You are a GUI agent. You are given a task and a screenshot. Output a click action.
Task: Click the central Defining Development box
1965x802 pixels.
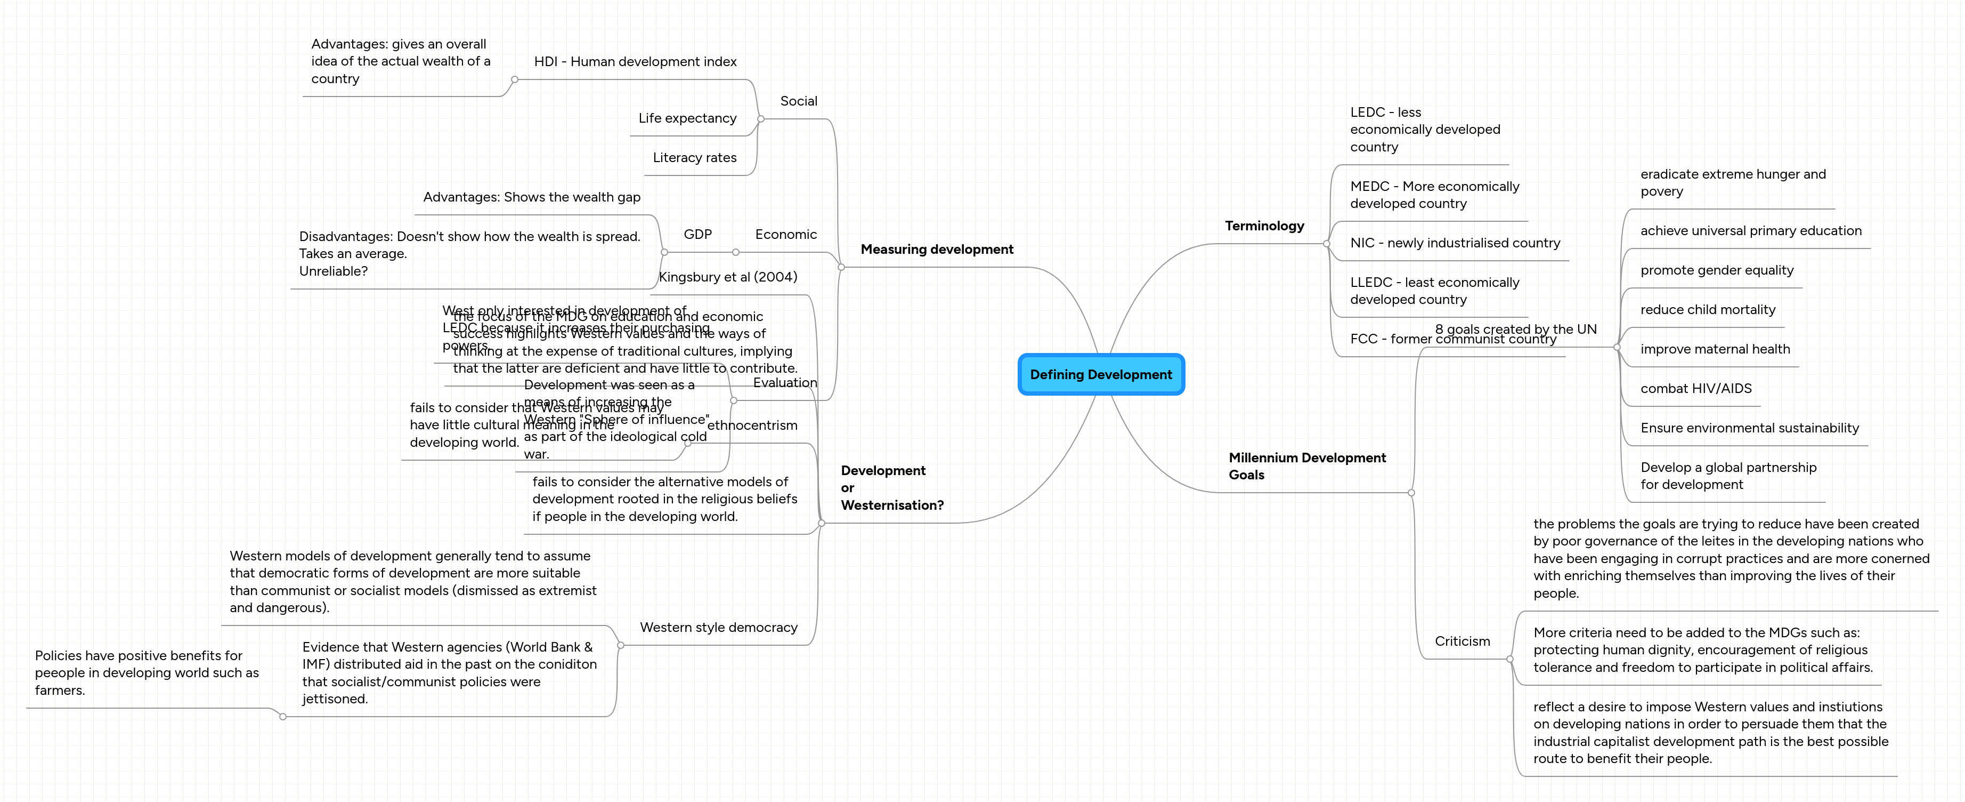tap(1101, 374)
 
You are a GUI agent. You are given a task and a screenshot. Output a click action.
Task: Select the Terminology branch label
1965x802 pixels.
tap(1264, 226)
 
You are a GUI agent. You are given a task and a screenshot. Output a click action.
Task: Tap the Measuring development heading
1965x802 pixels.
tap(937, 250)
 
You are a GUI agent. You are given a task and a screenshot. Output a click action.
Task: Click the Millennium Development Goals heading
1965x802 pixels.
tap(1306, 466)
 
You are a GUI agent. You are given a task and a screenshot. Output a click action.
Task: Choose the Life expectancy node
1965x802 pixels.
tap(687, 118)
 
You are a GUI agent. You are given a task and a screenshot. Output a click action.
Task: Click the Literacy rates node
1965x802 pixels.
tap(694, 158)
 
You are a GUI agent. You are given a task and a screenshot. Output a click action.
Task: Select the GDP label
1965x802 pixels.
tap(697, 234)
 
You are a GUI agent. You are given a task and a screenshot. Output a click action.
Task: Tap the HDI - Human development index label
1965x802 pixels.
tap(635, 62)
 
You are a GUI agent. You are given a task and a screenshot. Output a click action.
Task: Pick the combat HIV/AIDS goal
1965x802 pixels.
tap(1696, 388)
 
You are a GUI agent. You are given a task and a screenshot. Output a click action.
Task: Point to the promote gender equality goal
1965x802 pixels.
tap(1716, 270)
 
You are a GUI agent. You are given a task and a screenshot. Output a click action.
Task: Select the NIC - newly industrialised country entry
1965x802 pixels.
tap(1455, 243)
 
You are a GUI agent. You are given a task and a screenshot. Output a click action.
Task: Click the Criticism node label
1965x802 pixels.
tap(1461, 641)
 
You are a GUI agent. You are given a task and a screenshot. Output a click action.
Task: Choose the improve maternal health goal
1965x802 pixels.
tap(1715, 349)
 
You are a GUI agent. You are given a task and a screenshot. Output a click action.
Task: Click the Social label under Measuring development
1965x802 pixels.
tap(798, 101)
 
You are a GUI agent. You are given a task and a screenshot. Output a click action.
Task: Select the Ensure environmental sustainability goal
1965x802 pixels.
tap(1749, 428)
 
